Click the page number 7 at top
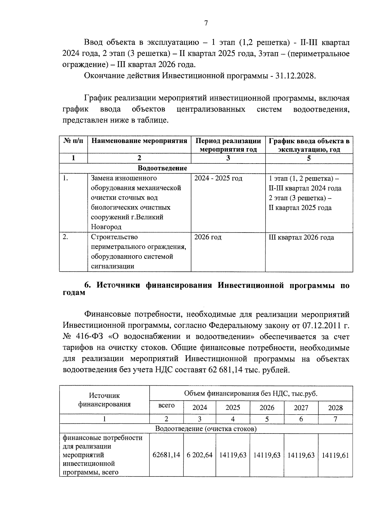tap(206, 23)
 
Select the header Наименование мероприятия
tap(139, 141)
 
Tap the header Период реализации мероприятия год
tap(228, 145)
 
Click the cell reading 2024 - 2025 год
tap(218, 178)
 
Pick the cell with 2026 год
tap(208, 237)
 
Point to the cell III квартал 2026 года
tap(301, 237)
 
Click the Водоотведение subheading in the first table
tap(162, 168)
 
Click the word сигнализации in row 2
tap(112, 266)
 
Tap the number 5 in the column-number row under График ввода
tap(309, 158)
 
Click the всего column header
tap(167, 405)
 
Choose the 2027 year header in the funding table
tap(301, 408)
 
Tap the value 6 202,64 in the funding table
tap(200, 455)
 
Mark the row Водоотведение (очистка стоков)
tap(206, 429)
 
